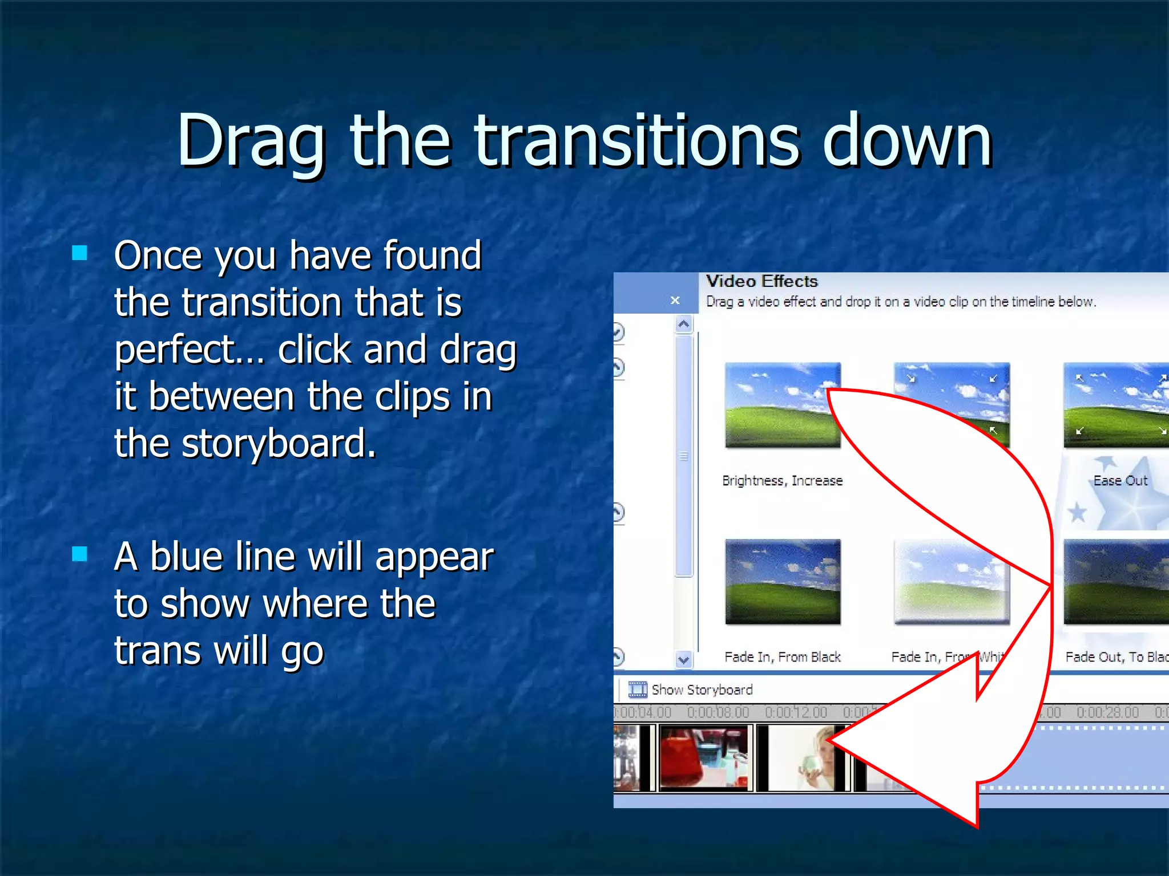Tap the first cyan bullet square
click(80, 253)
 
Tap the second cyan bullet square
click(80, 554)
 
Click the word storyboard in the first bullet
click(279, 444)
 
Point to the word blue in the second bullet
click(185, 557)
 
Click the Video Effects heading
click(761, 281)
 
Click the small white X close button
click(675, 300)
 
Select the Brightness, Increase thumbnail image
click(782, 405)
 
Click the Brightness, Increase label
click(782, 481)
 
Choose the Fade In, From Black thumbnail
click(782, 582)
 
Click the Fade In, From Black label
click(782, 657)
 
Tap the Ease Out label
click(1120, 481)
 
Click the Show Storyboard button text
click(702, 690)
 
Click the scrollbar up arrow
click(684, 325)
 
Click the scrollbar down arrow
click(684, 660)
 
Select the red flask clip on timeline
click(704, 757)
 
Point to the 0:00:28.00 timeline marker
click(1107, 712)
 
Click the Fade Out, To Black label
click(1116, 657)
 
